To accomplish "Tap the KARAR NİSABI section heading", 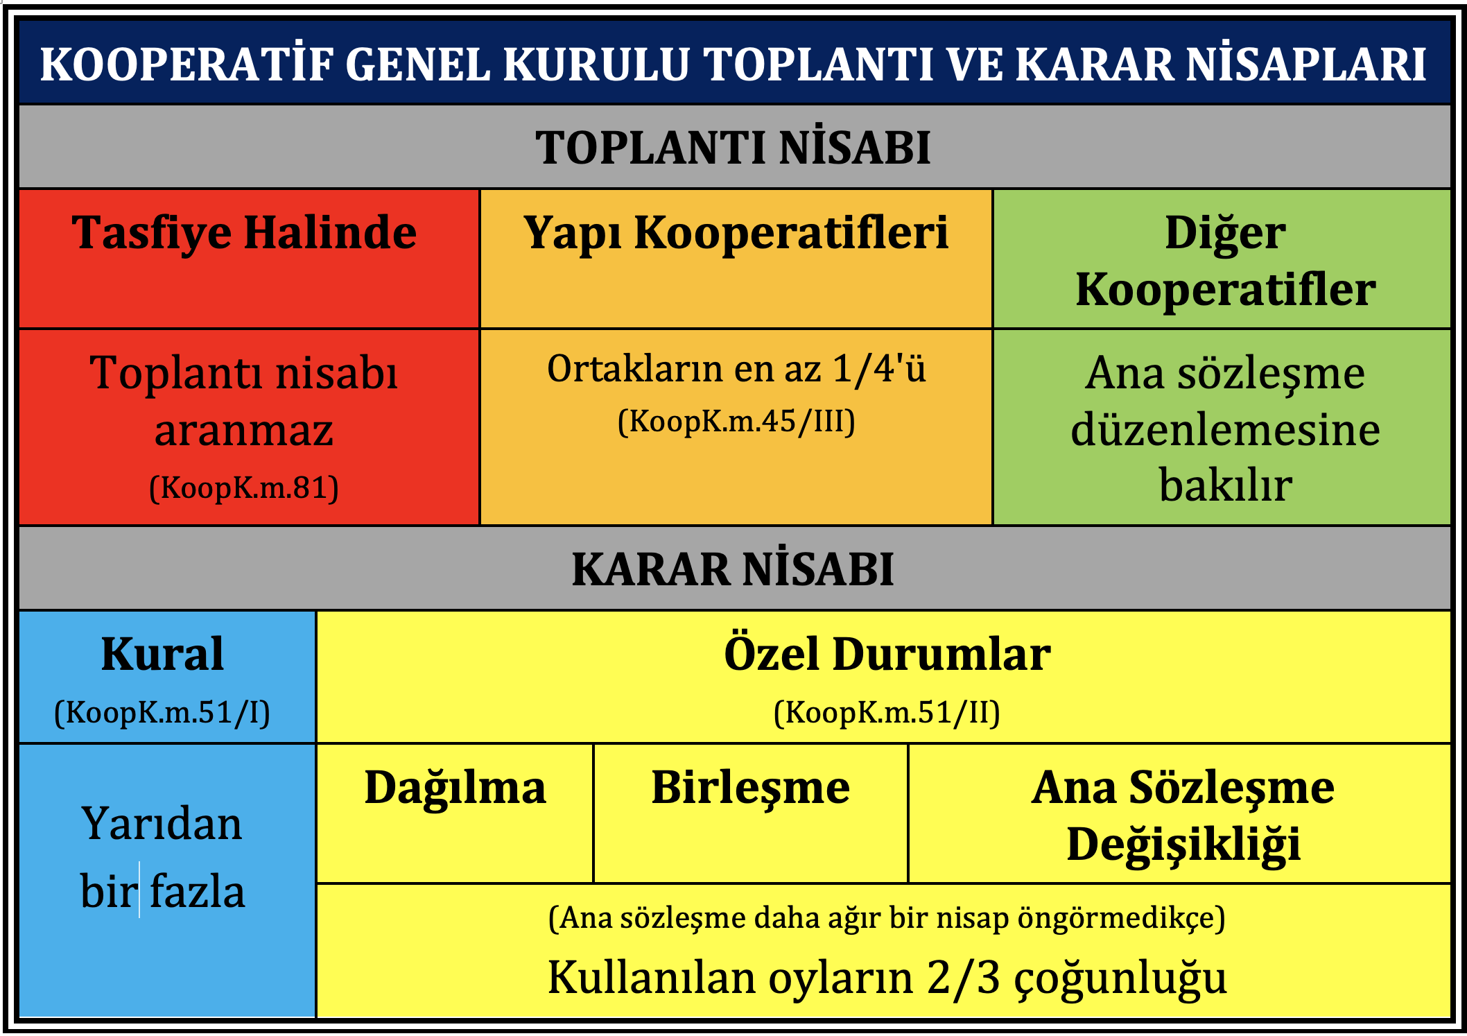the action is pos(733,569).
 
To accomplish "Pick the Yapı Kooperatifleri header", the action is pos(736,234).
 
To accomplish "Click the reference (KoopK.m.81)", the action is pos(244,487).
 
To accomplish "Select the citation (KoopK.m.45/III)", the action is pos(736,421).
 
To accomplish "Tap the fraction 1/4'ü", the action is pos(879,368).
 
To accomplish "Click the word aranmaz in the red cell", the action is pos(244,430).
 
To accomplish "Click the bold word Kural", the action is pos(163,654).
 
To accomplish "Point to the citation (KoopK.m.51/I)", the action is pos(162,712).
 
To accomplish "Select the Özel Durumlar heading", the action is pos(887,653).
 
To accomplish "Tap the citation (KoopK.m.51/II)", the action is pos(887,712).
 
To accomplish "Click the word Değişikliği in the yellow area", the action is pos(1183,845).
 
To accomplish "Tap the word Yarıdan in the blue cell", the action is pos(162,824).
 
